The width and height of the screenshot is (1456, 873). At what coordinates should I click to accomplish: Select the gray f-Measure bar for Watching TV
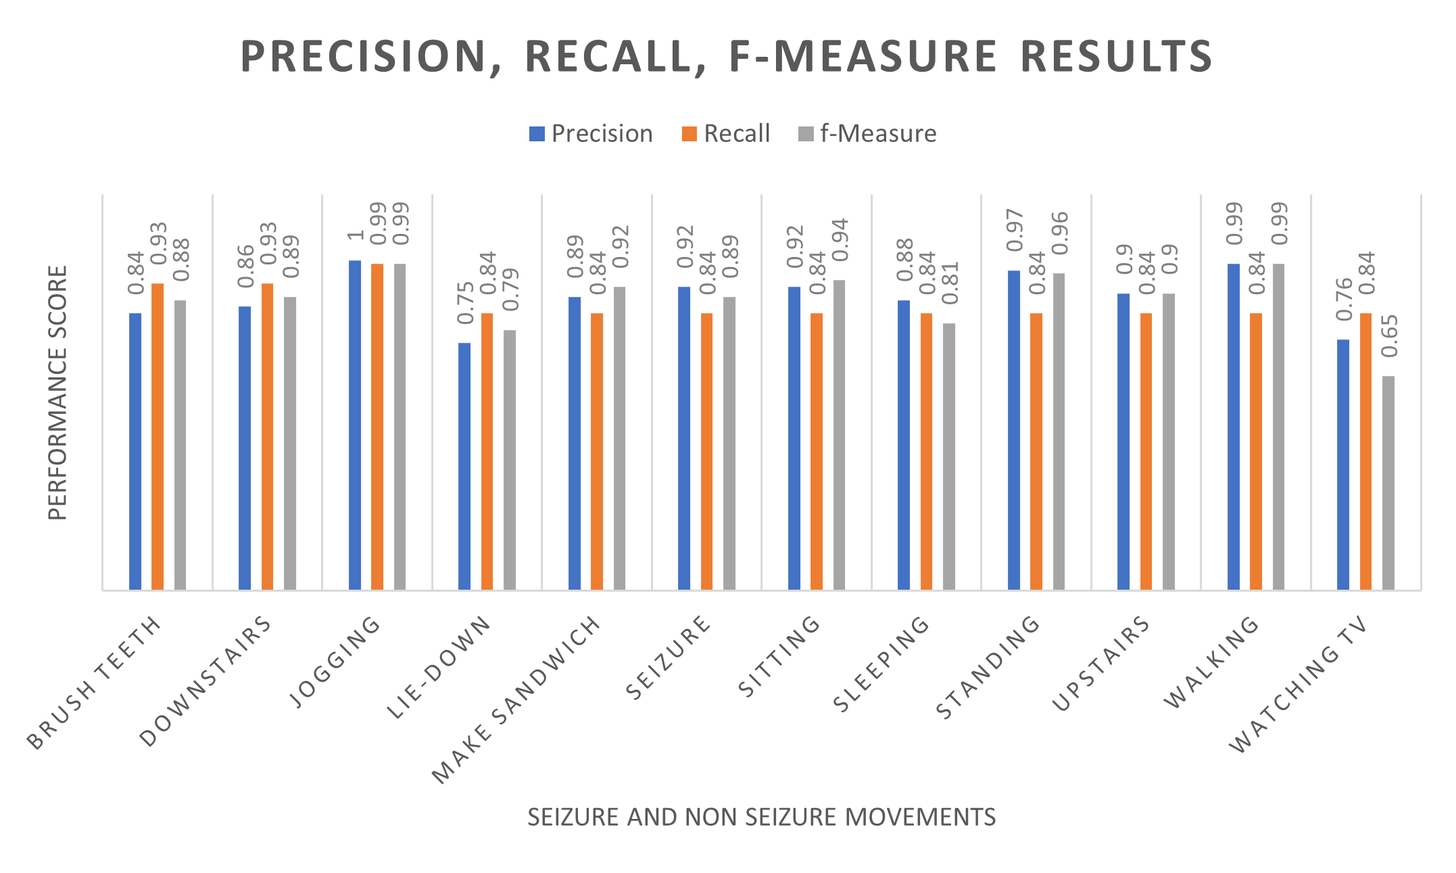tap(1388, 483)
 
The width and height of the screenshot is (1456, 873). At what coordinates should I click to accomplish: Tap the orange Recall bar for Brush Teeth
tap(157, 436)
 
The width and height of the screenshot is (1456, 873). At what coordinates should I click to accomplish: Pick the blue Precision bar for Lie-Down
tap(464, 466)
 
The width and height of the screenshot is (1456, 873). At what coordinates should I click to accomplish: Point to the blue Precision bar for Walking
tap(1234, 426)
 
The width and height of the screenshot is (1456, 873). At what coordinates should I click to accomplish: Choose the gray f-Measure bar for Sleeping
tap(949, 456)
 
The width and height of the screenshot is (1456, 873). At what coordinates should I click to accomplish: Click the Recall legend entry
tap(727, 134)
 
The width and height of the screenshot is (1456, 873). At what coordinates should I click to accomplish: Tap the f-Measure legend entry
tap(868, 134)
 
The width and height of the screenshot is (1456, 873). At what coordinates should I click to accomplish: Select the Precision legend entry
tap(591, 134)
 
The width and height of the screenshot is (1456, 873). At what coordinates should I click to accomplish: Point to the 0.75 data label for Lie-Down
tap(465, 303)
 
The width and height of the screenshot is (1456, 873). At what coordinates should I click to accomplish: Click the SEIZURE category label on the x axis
tap(668, 658)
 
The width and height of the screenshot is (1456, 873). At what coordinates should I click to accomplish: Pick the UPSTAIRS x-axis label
tap(1101, 663)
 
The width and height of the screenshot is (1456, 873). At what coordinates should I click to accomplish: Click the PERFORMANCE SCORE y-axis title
tap(58, 393)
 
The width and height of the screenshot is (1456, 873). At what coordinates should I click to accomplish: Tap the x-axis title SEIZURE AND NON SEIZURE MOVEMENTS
tap(761, 817)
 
